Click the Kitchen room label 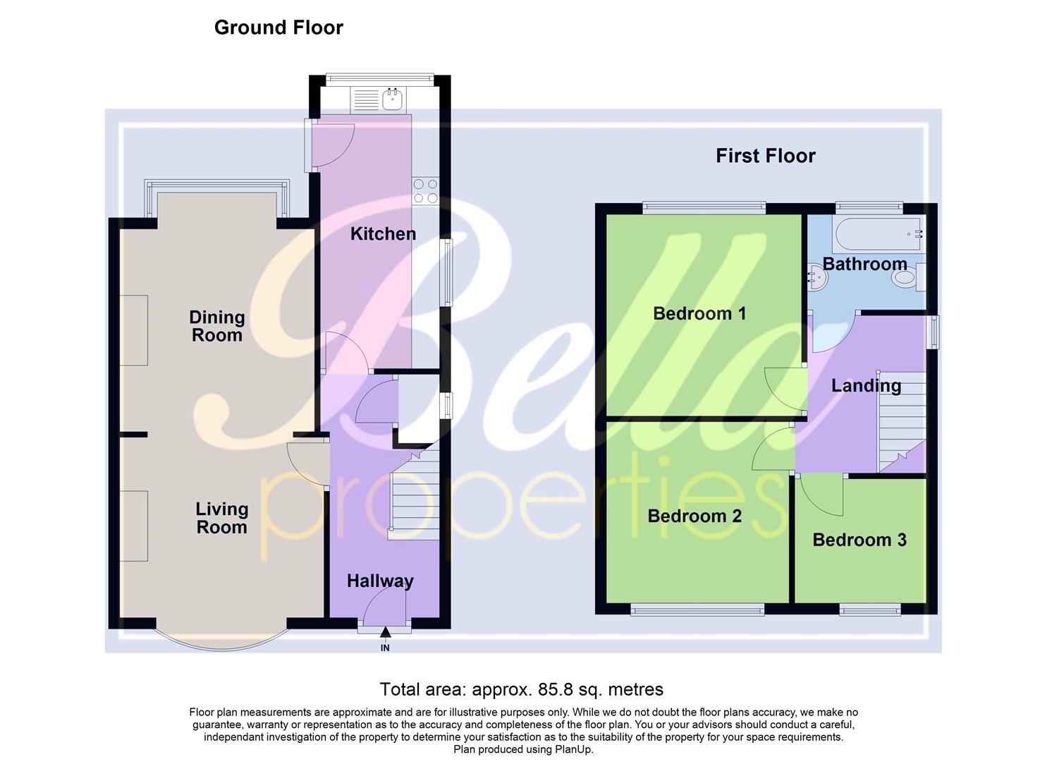pyautogui.click(x=383, y=234)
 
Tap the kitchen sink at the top pyautogui.click(x=392, y=100)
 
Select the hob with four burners pyautogui.click(x=425, y=190)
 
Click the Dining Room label pyautogui.click(x=217, y=326)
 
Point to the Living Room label pyautogui.click(x=221, y=518)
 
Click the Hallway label pyautogui.click(x=380, y=581)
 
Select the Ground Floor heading pyautogui.click(x=278, y=28)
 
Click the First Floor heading pyautogui.click(x=765, y=156)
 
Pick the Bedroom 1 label pyautogui.click(x=699, y=313)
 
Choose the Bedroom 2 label pyautogui.click(x=694, y=516)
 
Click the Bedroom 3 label pyautogui.click(x=859, y=540)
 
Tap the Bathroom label pyautogui.click(x=864, y=264)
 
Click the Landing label pyautogui.click(x=866, y=385)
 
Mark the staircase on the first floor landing pyautogui.click(x=901, y=423)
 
